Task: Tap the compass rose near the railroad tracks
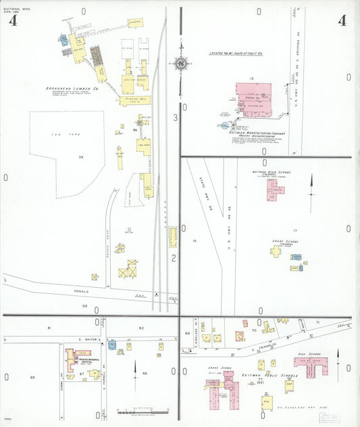[x=180, y=64]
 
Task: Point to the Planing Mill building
[x=134, y=101]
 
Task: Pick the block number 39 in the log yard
[x=81, y=157]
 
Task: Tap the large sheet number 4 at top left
[x=13, y=20]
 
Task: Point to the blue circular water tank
[x=224, y=125]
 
